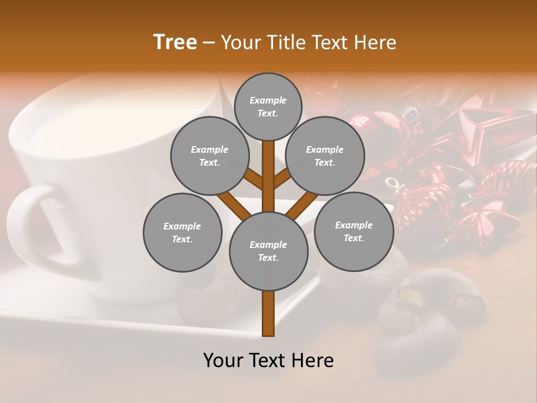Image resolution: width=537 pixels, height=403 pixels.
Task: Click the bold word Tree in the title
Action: point(175,42)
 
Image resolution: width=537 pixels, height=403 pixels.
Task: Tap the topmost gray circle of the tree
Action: point(268,106)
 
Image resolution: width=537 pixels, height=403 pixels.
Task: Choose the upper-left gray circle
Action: point(209,156)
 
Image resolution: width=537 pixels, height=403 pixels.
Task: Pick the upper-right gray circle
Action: point(324,156)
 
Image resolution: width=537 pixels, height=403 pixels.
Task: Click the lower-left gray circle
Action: point(182,232)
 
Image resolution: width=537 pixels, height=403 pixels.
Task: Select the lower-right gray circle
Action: point(354,231)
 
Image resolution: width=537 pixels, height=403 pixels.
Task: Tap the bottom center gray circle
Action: point(268,251)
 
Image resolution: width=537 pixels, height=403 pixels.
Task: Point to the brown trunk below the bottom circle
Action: point(268,313)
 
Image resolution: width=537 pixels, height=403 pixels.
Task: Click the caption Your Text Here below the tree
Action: point(268,360)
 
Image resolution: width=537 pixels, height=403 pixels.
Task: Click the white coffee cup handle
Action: point(28,224)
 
